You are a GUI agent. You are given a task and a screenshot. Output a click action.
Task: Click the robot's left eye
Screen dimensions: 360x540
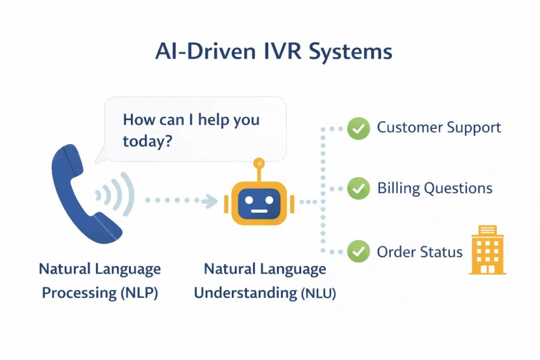(x=248, y=197)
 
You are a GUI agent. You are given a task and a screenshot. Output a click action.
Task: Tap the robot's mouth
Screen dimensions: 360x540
(x=259, y=211)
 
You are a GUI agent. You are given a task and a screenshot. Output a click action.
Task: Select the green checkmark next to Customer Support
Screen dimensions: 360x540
(x=358, y=129)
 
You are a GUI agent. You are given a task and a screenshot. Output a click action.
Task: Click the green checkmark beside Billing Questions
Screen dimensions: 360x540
(x=358, y=189)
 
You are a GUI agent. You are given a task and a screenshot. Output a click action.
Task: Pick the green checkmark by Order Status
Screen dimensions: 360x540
(x=358, y=251)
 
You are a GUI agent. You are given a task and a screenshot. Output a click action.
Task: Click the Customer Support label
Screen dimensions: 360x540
(x=438, y=128)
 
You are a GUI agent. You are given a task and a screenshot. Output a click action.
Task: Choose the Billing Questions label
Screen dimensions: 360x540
(x=435, y=189)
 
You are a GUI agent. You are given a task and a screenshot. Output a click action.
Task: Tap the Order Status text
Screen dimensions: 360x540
(x=419, y=252)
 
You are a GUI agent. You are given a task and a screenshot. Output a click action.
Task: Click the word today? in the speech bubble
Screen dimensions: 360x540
(x=147, y=141)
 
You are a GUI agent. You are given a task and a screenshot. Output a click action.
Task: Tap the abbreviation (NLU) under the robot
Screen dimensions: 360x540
(x=318, y=293)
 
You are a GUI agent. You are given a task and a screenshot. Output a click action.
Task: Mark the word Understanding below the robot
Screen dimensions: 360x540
(x=245, y=293)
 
